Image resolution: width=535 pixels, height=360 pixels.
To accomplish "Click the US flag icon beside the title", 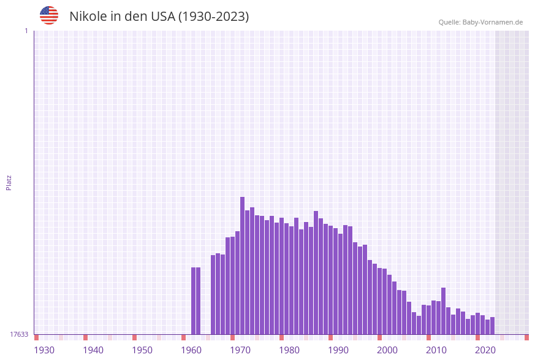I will click(49, 15).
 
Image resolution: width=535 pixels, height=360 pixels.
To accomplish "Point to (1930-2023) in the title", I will click(213, 17).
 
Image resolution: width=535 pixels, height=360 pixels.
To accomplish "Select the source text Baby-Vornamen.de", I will click(492, 22).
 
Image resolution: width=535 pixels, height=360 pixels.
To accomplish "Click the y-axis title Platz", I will click(9, 182).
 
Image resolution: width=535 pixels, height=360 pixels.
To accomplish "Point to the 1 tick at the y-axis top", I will click(26, 31).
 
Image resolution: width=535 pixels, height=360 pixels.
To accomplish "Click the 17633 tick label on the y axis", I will click(19, 334).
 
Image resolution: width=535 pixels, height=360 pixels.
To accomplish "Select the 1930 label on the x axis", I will click(44, 350).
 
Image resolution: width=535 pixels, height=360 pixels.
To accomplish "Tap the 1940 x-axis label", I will click(93, 350).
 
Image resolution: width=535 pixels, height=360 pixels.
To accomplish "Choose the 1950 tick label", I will click(142, 350).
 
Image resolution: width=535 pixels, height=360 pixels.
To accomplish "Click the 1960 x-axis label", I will click(191, 350).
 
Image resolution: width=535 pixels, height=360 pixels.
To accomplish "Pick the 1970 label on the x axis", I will click(240, 350).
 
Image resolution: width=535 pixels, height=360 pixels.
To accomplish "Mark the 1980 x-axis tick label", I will click(289, 350).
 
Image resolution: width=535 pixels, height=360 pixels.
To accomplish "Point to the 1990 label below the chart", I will click(338, 350).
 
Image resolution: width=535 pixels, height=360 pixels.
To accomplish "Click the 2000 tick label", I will click(387, 350).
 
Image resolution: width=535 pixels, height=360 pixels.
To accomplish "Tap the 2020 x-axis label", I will click(485, 350).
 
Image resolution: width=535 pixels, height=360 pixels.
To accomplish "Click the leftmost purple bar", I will click(193, 301).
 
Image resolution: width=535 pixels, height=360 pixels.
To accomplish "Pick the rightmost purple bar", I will click(492, 326).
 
